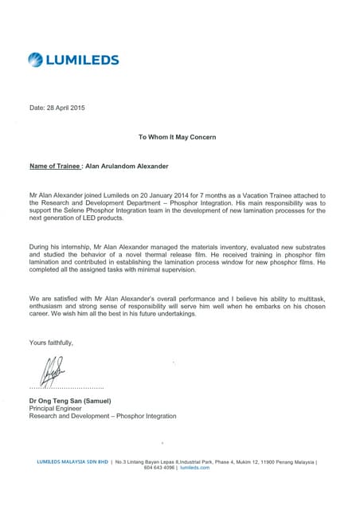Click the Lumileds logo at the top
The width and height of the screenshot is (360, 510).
click(x=73, y=59)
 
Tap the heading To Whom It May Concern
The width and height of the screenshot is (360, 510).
click(x=177, y=137)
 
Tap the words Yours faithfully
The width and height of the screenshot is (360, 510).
click(x=51, y=343)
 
